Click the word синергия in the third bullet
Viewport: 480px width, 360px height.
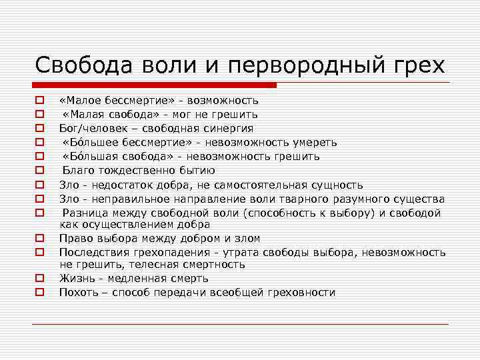(x=229, y=128)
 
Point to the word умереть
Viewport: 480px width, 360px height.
(x=316, y=142)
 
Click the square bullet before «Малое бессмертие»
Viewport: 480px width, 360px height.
(x=39, y=100)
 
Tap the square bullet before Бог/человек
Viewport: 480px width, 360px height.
(x=39, y=128)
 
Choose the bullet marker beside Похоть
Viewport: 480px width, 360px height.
(x=39, y=292)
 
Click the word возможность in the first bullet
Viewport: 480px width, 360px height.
(x=223, y=100)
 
